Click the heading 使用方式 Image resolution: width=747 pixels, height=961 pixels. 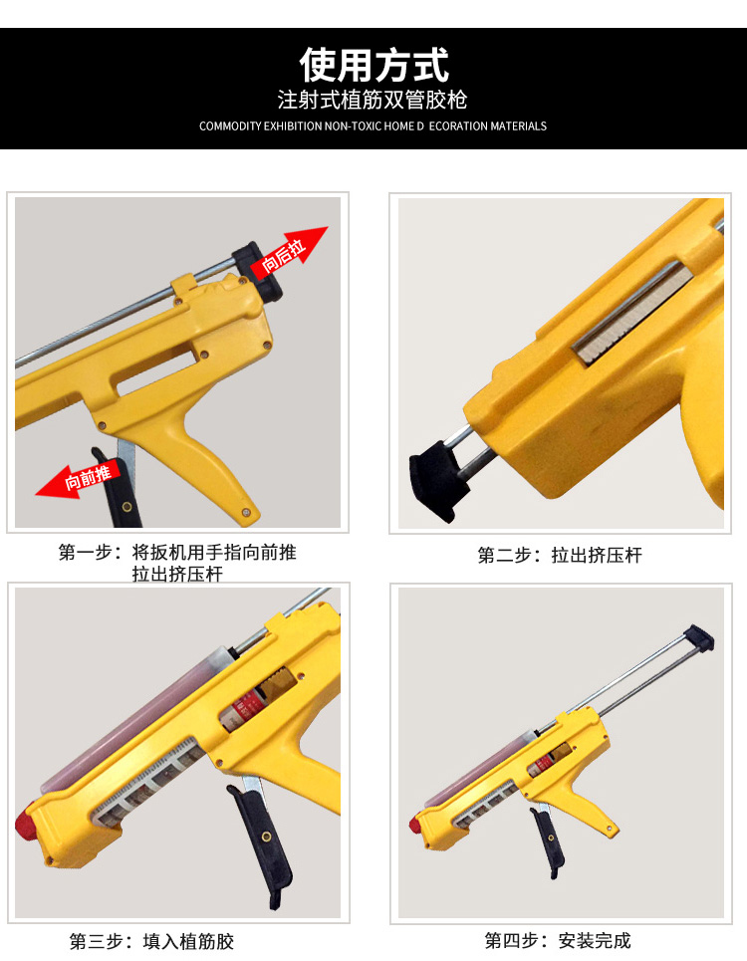373,65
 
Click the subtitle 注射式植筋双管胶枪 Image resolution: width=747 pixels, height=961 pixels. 373,101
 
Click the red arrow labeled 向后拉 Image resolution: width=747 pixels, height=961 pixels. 290,253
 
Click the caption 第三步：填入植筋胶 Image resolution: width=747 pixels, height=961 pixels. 151,941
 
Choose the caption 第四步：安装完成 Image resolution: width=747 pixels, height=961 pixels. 558,940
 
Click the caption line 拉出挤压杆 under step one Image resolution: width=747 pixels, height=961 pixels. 177,575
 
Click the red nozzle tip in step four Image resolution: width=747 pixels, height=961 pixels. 414,826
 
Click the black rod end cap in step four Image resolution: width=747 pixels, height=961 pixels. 700,636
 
